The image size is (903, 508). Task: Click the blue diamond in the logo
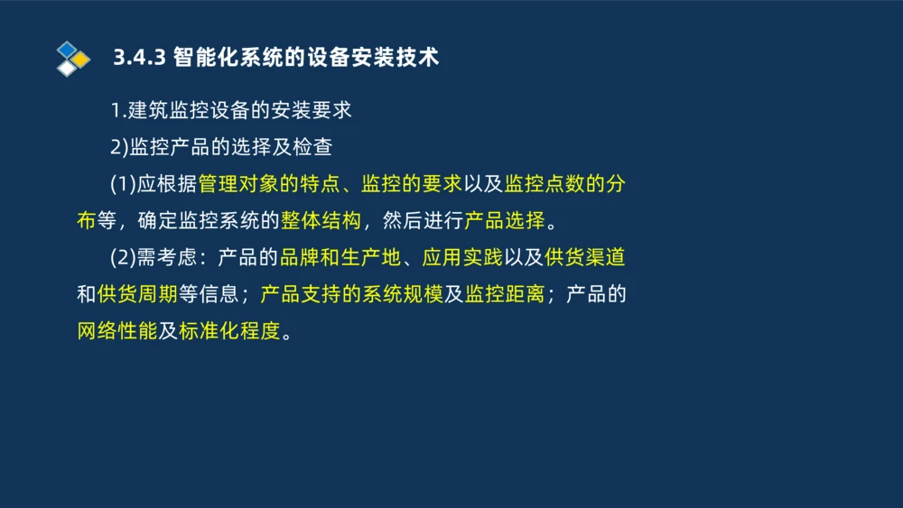coord(67,50)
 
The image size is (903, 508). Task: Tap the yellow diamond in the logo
coord(81,59)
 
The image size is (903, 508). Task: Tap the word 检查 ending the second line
coord(312,147)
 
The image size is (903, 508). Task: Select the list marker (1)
coord(123,184)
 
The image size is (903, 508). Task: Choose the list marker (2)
coord(123,257)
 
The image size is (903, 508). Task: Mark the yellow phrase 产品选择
coord(505,220)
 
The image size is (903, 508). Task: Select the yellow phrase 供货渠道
coord(585,257)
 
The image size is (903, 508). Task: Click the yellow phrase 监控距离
coord(505,294)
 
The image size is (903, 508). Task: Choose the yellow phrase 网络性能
coord(117,330)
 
